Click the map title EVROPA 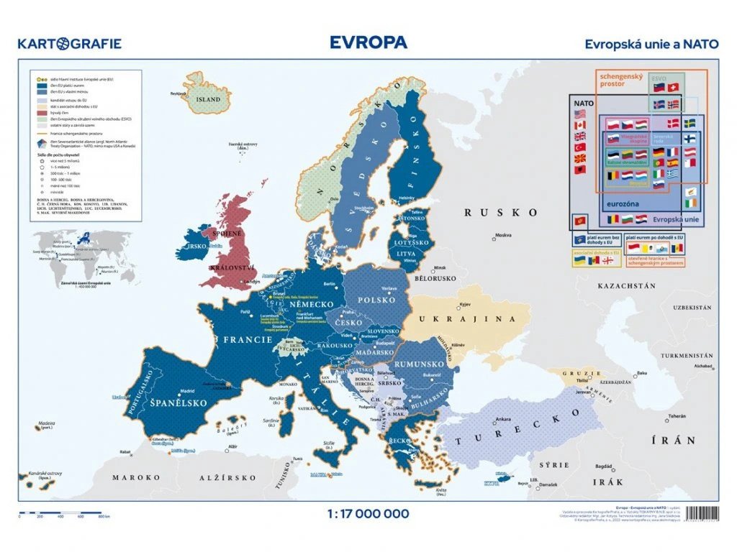click(x=368, y=42)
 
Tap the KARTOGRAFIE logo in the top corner click(x=70, y=44)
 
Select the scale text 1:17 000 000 click(x=368, y=513)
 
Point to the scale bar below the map click(x=64, y=515)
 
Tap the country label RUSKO click(x=501, y=213)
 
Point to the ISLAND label click(x=209, y=98)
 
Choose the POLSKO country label click(x=377, y=299)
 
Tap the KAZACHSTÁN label click(x=626, y=285)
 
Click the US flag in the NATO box click(x=581, y=114)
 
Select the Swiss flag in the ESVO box click(x=673, y=88)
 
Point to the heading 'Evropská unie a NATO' click(x=651, y=44)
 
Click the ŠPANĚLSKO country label click(x=179, y=403)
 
